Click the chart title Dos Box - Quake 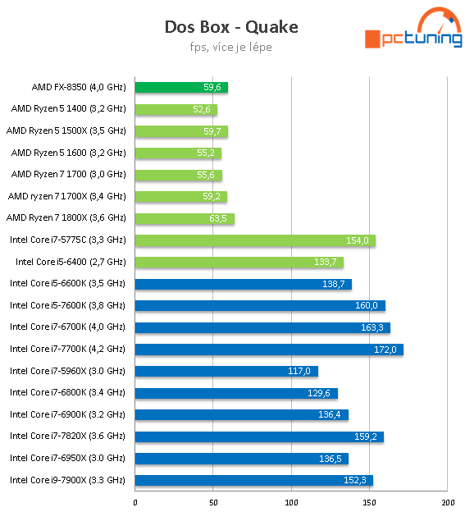pyautogui.click(x=230, y=27)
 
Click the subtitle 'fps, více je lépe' pyautogui.click(x=230, y=47)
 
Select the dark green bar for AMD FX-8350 pyautogui.click(x=180, y=87)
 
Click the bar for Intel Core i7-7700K pyautogui.click(x=268, y=349)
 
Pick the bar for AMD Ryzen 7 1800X pyautogui.click(x=185, y=218)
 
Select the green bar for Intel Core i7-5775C pyautogui.click(x=254, y=240)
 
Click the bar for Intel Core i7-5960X pyautogui.click(x=226, y=371)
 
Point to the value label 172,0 pyautogui.click(x=385, y=350)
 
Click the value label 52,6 pyautogui.click(x=202, y=109)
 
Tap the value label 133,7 pyautogui.click(x=326, y=263)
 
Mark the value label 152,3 pyautogui.click(x=354, y=481)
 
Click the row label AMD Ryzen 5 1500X pyautogui.click(x=66, y=130)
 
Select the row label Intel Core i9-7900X pyautogui.click(x=67, y=480)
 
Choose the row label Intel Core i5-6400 pyautogui.click(x=71, y=262)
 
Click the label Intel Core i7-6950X pyautogui.click(x=67, y=458)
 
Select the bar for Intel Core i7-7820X pyautogui.click(x=258, y=436)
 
